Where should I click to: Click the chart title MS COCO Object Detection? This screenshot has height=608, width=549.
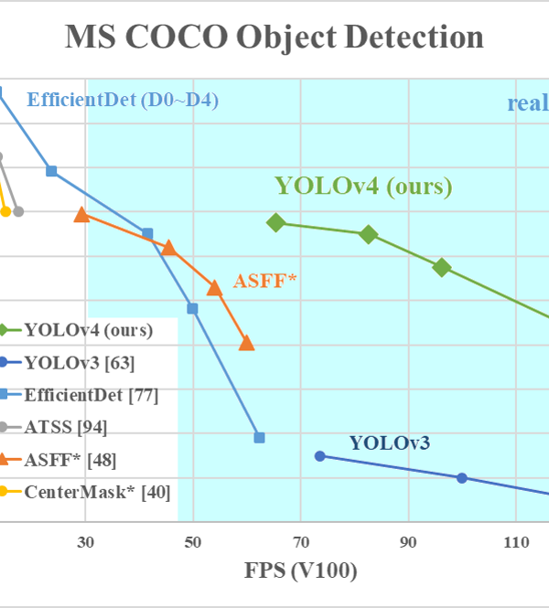(274, 37)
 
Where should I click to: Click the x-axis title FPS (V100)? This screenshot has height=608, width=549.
(300, 571)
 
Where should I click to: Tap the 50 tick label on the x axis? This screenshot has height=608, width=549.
(193, 541)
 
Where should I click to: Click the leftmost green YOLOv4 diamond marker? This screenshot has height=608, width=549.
(276, 222)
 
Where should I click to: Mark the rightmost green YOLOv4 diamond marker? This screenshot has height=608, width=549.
(442, 267)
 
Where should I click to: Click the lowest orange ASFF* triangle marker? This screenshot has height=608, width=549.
(246, 343)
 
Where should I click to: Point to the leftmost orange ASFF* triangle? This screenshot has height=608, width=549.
(81, 214)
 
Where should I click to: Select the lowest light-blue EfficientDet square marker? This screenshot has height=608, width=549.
(259, 437)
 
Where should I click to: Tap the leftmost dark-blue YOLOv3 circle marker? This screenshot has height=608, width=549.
(319, 455)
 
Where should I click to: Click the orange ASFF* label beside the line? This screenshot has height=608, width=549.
(266, 281)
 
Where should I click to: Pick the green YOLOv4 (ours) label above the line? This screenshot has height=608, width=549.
(363, 187)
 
